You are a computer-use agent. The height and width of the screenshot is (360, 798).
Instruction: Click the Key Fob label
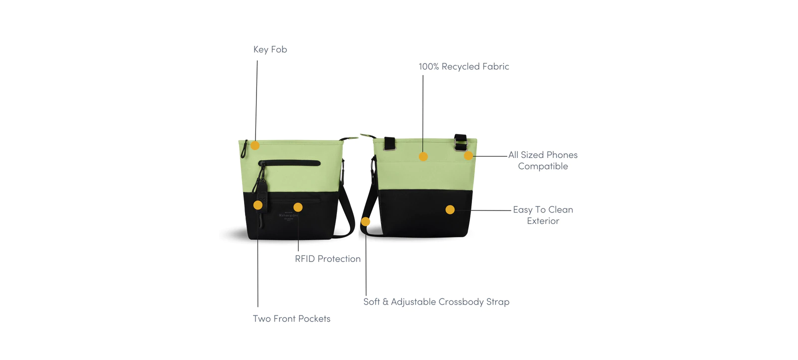coord(270,49)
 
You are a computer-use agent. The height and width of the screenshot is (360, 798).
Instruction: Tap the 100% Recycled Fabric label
coord(463,66)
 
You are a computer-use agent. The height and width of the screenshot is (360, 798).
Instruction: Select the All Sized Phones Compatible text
coord(542,160)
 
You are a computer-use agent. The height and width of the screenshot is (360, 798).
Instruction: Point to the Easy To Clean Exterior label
coord(543,215)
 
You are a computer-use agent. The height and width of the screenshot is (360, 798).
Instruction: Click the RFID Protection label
coord(327,259)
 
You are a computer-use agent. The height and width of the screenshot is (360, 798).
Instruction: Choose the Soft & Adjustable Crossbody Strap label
coord(436,302)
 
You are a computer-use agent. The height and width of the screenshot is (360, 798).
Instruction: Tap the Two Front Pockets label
coord(291,319)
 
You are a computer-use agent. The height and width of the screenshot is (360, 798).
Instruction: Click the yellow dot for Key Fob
coord(255,145)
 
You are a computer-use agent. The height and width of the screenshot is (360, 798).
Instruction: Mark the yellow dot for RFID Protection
coord(298,207)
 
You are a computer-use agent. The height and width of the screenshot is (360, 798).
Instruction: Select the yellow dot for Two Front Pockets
coord(258,205)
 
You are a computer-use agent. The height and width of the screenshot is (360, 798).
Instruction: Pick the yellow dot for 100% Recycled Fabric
coord(423,156)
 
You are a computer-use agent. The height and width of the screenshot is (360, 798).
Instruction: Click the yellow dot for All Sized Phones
coord(468,156)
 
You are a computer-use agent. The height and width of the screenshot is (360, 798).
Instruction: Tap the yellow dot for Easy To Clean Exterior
coord(450,209)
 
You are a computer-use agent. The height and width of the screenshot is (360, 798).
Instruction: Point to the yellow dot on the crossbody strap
coord(365,221)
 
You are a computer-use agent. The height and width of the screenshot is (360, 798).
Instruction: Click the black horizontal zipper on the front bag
coord(290,163)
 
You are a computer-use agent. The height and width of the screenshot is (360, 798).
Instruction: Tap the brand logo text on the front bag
coord(288,215)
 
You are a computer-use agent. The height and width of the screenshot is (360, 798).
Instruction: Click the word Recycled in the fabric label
coord(460,66)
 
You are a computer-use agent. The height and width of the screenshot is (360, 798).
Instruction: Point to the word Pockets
coord(314,319)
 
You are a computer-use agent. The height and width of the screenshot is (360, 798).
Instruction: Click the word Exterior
coord(543,221)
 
